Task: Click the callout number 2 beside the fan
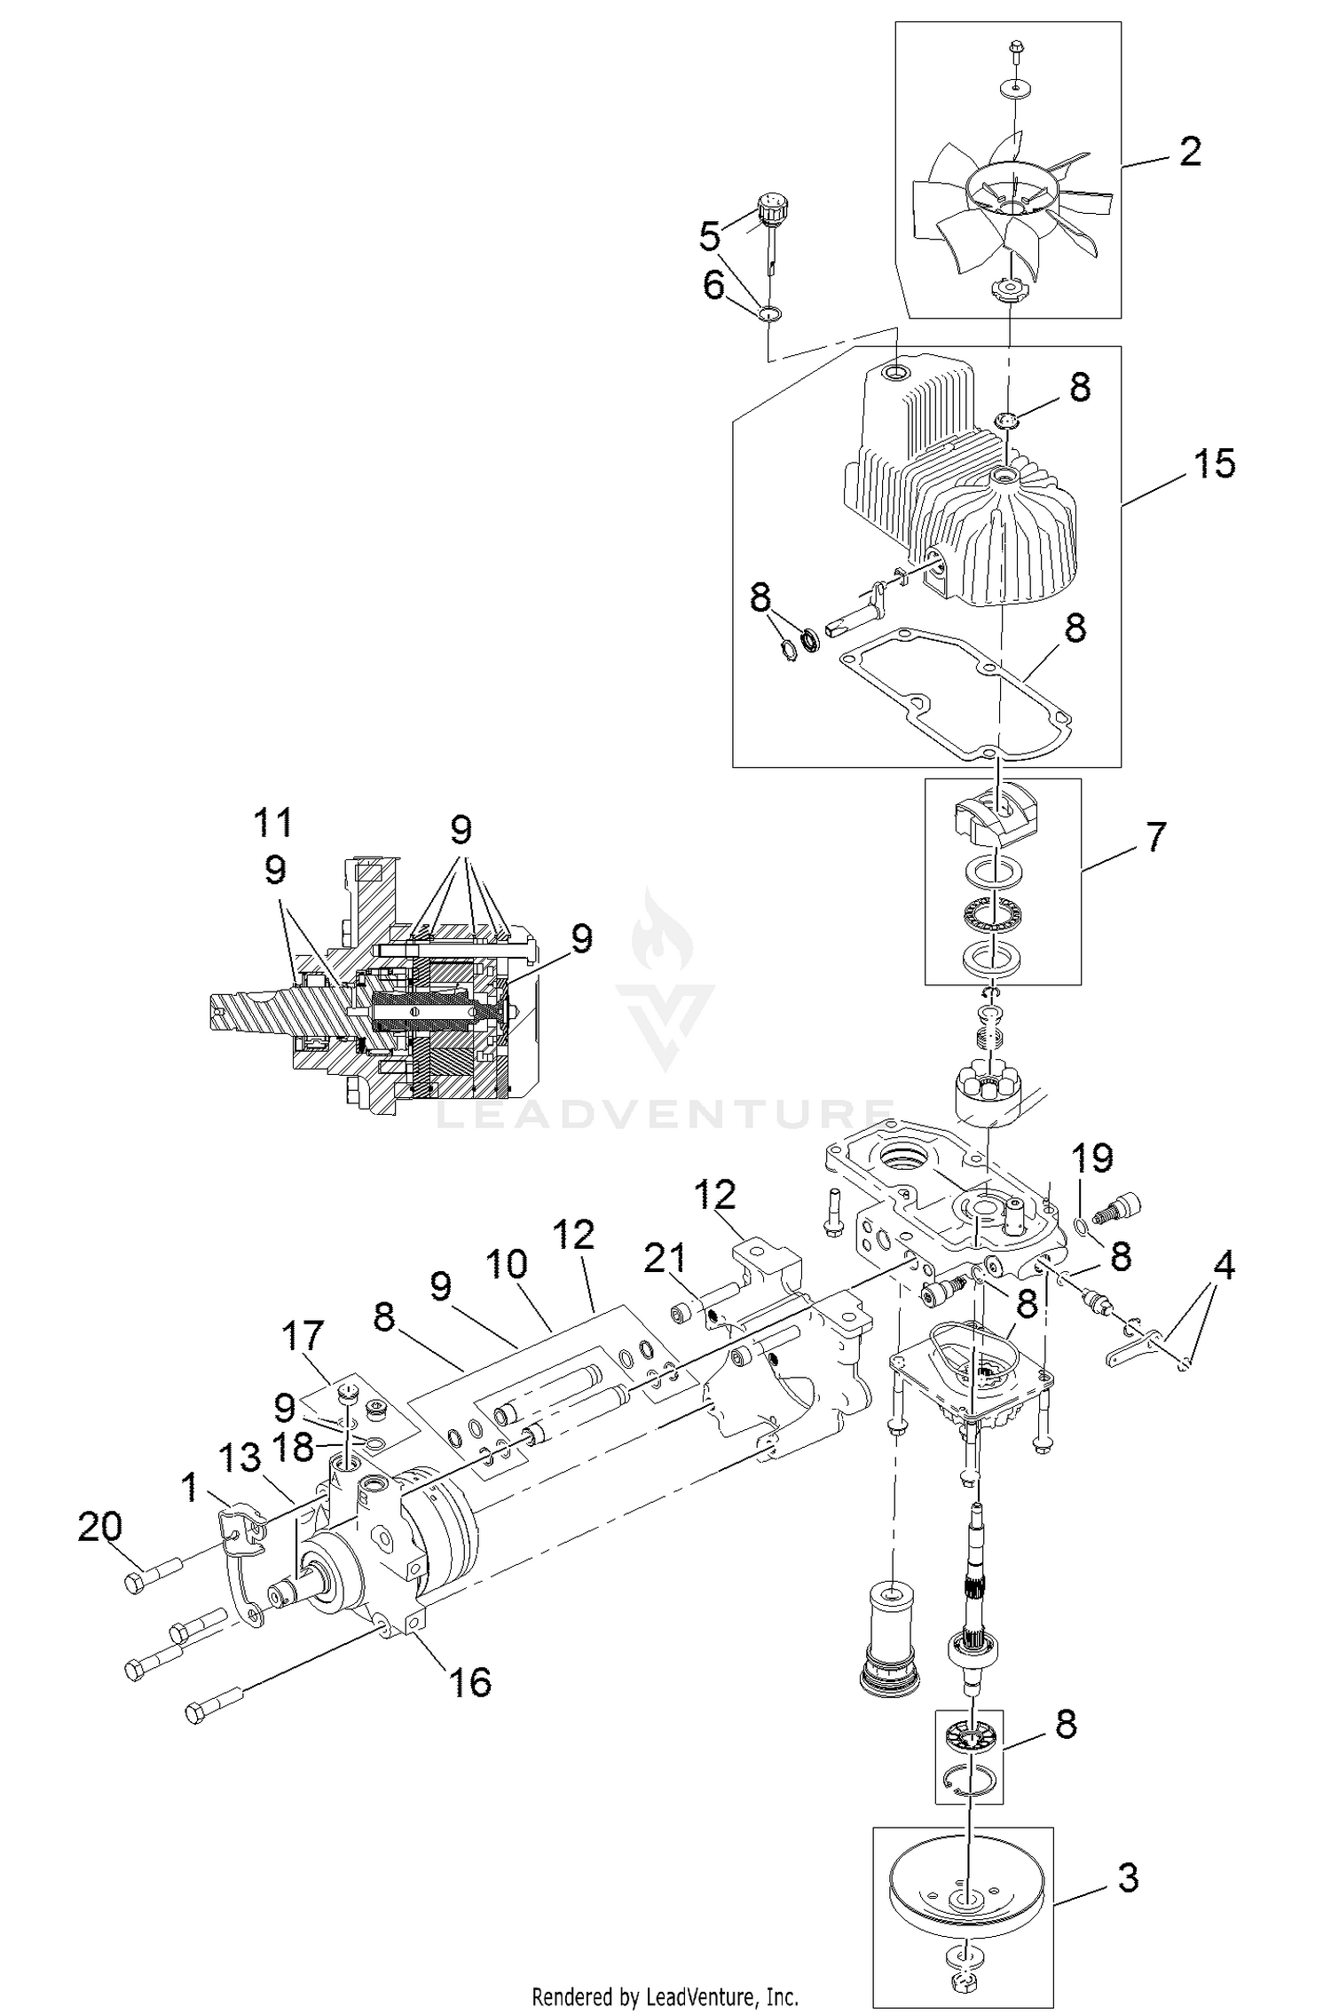[x=1190, y=152]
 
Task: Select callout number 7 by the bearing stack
[x=1155, y=837]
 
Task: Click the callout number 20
[x=99, y=1526]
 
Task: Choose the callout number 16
[x=470, y=1680]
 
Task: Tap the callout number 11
[x=272, y=823]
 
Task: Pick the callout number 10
[x=507, y=1263]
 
